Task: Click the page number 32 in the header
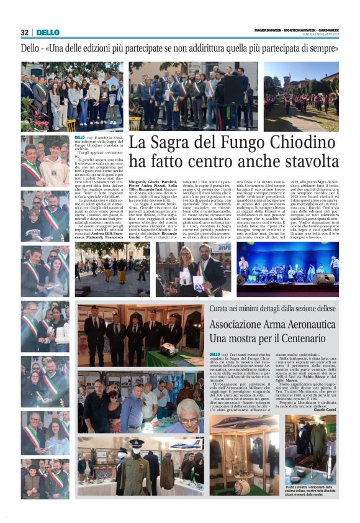pos(25,32)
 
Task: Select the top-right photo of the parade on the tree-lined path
pos(301,96)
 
